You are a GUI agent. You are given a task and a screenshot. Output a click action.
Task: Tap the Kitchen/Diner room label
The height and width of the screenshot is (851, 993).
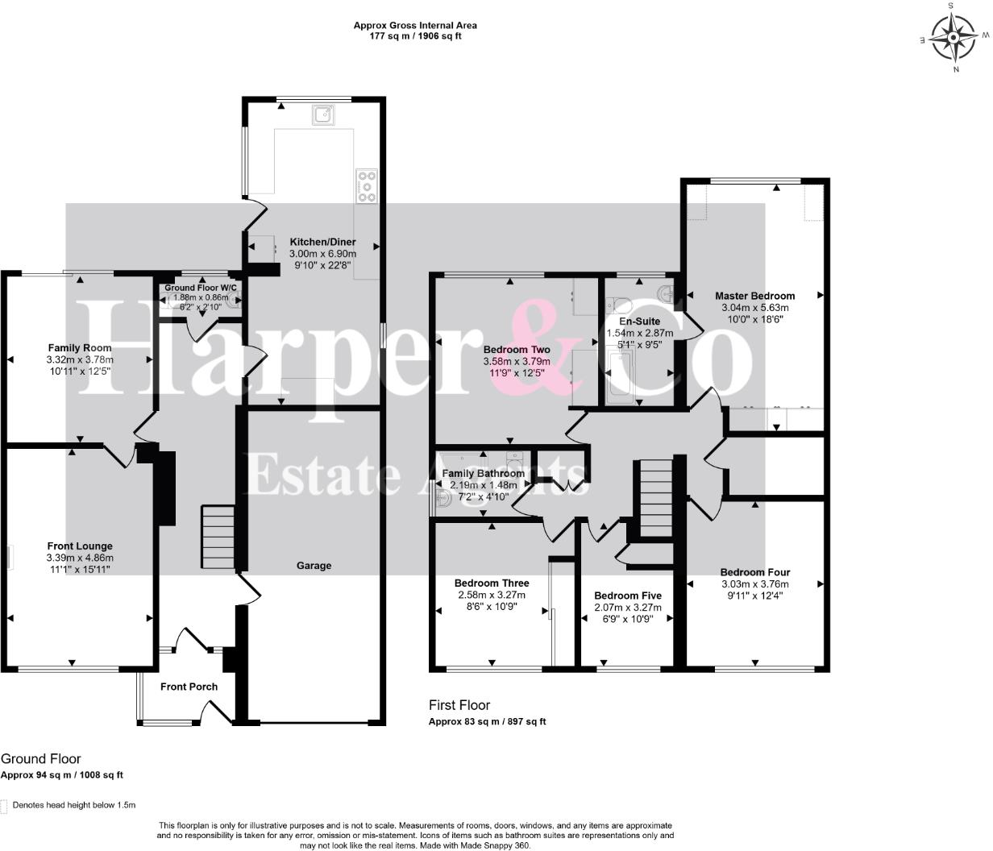[323, 242]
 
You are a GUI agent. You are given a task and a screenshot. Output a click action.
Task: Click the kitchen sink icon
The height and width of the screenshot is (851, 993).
[323, 114]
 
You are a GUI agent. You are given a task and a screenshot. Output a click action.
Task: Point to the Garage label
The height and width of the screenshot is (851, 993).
[314, 566]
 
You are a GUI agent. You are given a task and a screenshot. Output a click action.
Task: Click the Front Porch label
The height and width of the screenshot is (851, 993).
[189, 687]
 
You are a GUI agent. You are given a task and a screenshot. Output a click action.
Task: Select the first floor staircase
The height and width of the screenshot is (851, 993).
[655, 497]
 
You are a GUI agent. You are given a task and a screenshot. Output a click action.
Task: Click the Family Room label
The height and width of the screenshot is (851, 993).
[80, 347]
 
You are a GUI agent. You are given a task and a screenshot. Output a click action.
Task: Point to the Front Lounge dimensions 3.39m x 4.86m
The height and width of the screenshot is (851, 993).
[81, 558]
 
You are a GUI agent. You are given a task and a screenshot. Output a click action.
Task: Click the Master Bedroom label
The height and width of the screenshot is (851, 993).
[754, 296]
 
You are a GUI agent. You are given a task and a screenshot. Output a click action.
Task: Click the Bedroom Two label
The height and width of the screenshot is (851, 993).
[517, 350]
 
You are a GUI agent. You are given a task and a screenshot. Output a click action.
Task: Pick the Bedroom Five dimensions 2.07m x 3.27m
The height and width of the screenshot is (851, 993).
[628, 608]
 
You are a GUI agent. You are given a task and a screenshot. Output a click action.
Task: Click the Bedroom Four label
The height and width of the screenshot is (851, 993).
[755, 572]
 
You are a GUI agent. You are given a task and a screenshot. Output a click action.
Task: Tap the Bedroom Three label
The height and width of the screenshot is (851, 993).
[492, 583]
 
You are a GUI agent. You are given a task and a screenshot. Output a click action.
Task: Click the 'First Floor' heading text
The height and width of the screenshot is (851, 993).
[459, 705]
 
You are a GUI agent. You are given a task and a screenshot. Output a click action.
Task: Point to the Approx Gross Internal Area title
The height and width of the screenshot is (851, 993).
[415, 26]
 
